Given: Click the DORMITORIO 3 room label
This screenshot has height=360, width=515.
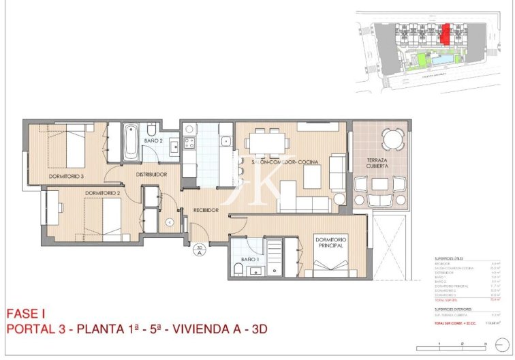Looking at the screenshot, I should coord(66,177).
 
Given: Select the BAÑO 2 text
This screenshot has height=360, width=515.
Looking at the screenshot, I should coord(153,140).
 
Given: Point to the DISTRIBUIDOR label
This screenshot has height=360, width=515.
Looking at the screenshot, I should coord(151,175).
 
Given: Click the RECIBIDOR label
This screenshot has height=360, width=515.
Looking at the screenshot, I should coord(205,210).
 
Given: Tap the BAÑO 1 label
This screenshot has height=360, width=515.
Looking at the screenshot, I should coord(250,260).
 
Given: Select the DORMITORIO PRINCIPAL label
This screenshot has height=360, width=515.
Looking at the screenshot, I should coord(331,243).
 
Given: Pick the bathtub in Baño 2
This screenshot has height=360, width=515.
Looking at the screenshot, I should coord(131,142).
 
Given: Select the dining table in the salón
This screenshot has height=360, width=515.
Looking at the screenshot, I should coord(266,142).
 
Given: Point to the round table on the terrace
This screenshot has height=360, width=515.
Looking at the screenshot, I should coord(390,140).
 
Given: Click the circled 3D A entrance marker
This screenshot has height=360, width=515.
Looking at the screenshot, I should coord(200,250).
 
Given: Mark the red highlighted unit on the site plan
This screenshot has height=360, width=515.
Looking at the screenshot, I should coord(446,33).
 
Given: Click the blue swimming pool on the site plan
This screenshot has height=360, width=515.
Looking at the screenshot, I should coord(441,61).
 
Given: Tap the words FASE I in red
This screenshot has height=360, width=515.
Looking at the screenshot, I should coord(25,314).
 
